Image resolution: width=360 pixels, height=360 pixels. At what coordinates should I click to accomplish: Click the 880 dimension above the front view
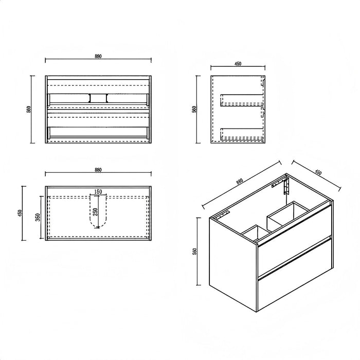[x=98, y=56]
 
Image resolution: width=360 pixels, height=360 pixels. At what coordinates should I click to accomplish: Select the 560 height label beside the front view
[x=29, y=109]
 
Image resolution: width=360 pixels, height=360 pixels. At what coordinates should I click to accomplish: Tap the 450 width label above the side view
[x=238, y=64]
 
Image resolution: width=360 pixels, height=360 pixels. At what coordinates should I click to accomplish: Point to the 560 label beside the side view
[x=194, y=109]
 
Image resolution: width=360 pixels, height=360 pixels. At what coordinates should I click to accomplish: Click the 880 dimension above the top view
[x=98, y=170]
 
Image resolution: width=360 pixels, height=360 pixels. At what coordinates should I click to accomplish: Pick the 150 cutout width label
[x=98, y=191]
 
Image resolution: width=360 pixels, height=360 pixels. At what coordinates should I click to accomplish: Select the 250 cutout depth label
[x=96, y=212]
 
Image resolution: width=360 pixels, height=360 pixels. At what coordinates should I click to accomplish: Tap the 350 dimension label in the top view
[x=38, y=217]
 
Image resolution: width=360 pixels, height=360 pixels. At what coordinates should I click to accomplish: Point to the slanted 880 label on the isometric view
[x=239, y=182]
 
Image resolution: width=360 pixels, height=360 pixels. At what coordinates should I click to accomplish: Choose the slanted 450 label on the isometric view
[x=318, y=172]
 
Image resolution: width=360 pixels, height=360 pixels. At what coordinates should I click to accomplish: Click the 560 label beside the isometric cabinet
[x=194, y=251]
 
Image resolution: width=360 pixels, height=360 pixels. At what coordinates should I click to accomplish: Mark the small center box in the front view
[x=98, y=98]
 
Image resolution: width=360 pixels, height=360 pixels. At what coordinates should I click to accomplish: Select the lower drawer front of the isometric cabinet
[x=295, y=276]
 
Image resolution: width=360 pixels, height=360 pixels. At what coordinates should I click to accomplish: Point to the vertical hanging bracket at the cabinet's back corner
[x=286, y=186]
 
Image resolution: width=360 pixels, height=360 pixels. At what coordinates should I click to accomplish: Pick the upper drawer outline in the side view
[x=242, y=100]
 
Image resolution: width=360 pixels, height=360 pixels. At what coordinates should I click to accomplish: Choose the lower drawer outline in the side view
[x=242, y=134]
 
